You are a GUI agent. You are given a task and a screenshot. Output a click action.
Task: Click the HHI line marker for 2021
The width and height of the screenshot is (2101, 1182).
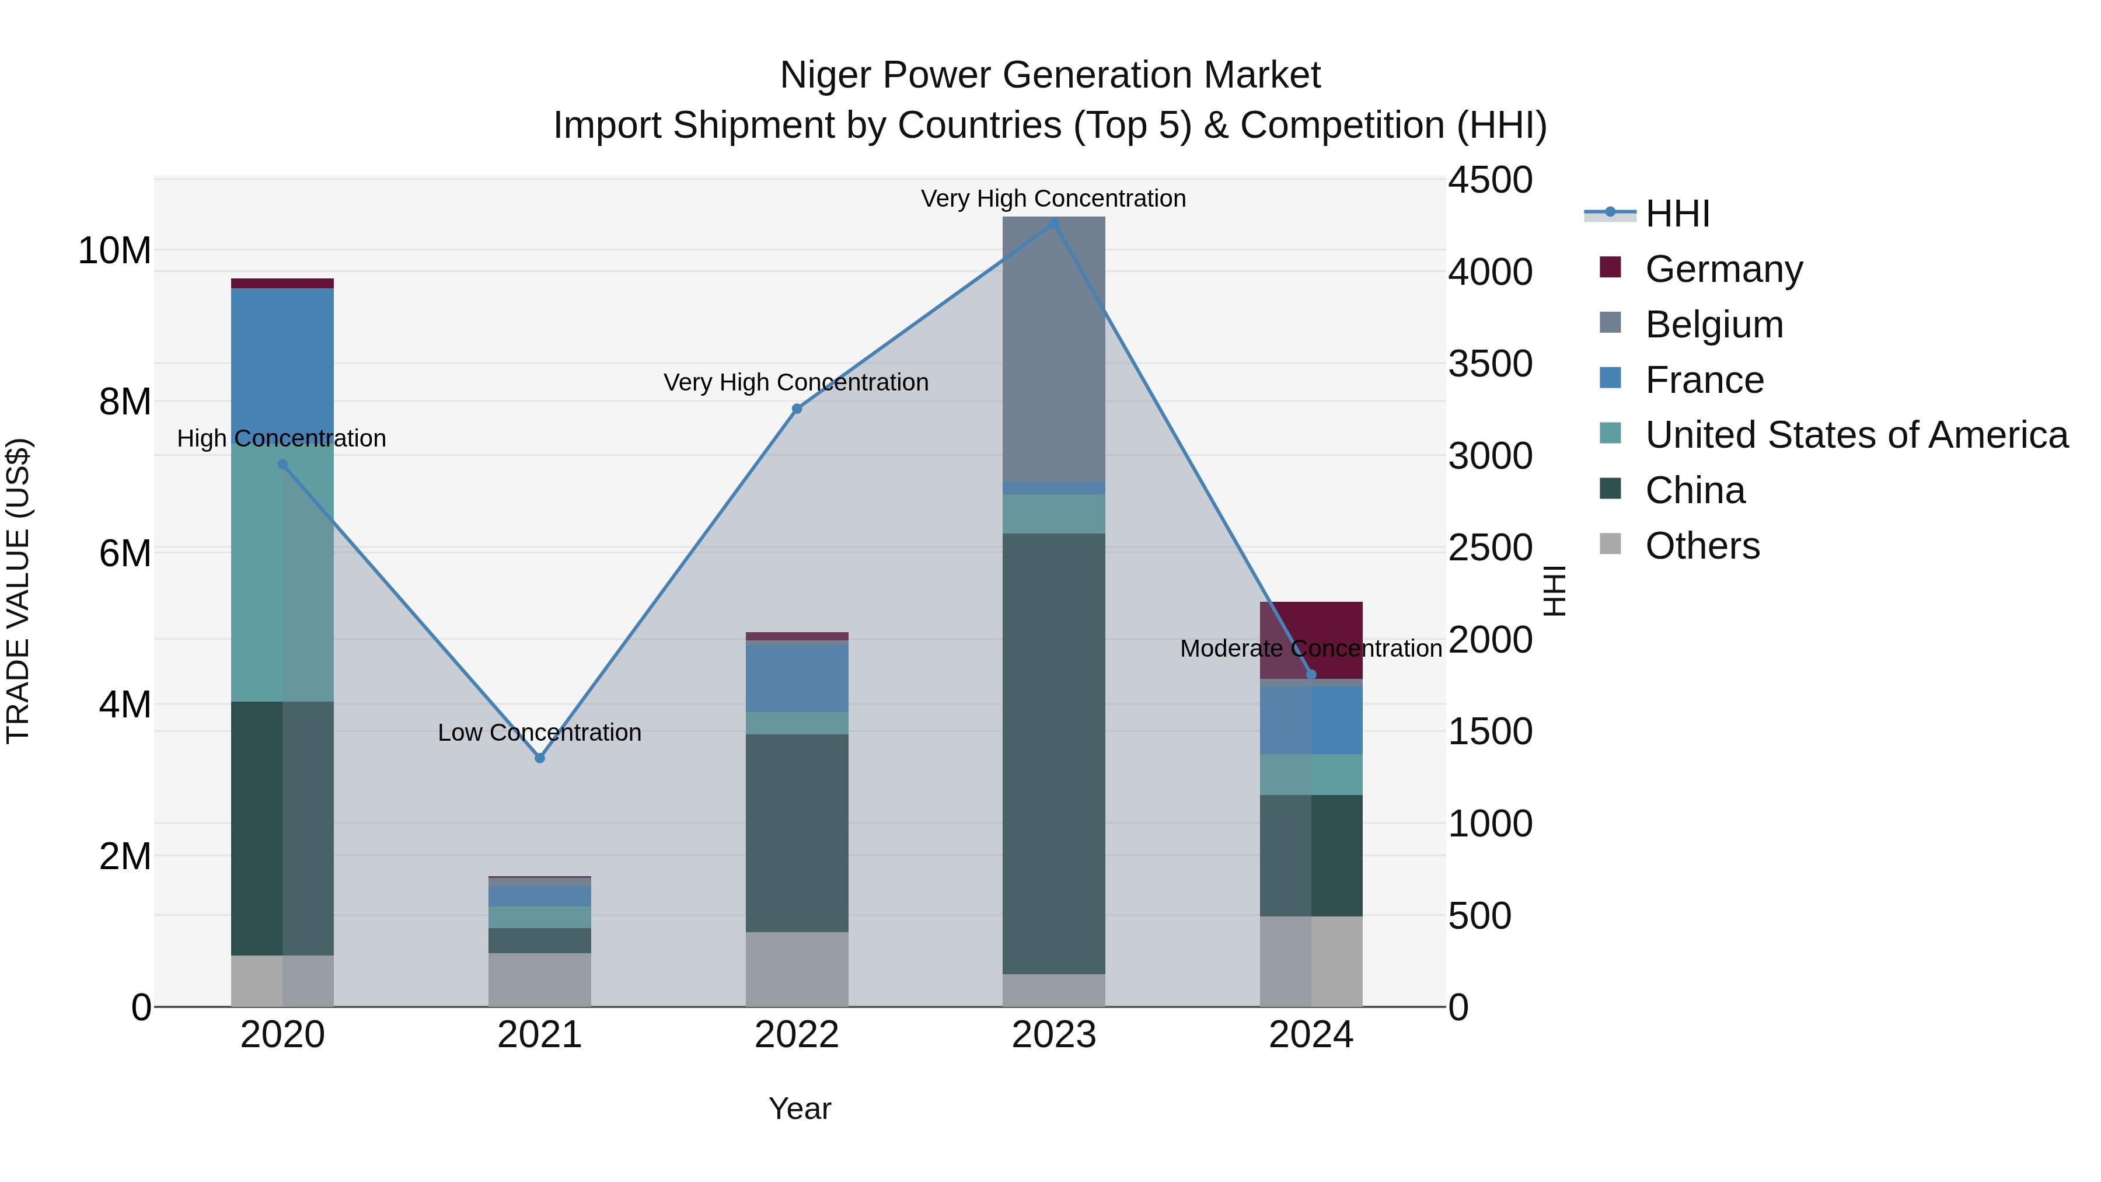(x=539, y=758)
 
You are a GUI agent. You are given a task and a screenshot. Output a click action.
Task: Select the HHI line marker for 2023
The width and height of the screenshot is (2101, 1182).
(x=1053, y=224)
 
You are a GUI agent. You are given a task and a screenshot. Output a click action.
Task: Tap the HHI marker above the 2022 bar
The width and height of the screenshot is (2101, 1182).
(x=797, y=409)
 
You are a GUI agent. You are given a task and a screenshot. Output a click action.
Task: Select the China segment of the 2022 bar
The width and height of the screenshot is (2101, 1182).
(x=797, y=832)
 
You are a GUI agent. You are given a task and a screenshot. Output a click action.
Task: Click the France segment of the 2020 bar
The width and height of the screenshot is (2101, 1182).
(x=282, y=359)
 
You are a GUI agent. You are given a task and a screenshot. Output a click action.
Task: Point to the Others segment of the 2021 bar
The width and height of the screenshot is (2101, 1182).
(x=539, y=979)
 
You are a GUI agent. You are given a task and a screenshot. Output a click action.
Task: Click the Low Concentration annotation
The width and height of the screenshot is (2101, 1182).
(x=539, y=733)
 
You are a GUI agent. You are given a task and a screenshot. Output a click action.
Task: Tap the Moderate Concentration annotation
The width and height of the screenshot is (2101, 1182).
(x=1311, y=648)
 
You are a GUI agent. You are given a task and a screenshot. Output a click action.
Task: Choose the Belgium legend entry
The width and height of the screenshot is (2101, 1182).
(x=1713, y=325)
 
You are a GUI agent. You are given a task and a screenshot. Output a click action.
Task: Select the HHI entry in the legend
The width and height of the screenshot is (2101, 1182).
(x=1677, y=214)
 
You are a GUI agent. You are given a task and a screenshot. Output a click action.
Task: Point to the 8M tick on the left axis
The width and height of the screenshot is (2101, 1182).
(x=125, y=402)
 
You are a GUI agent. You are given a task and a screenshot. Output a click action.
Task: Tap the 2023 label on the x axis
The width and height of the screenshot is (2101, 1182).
(x=1053, y=1035)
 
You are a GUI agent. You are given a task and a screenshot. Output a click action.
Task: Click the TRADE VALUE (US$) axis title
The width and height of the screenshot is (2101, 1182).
(x=18, y=591)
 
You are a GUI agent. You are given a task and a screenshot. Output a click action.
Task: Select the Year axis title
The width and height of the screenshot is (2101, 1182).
(x=800, y=1108)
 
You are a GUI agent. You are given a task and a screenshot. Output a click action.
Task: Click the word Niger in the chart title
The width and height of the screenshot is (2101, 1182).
(x=825, y=75)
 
